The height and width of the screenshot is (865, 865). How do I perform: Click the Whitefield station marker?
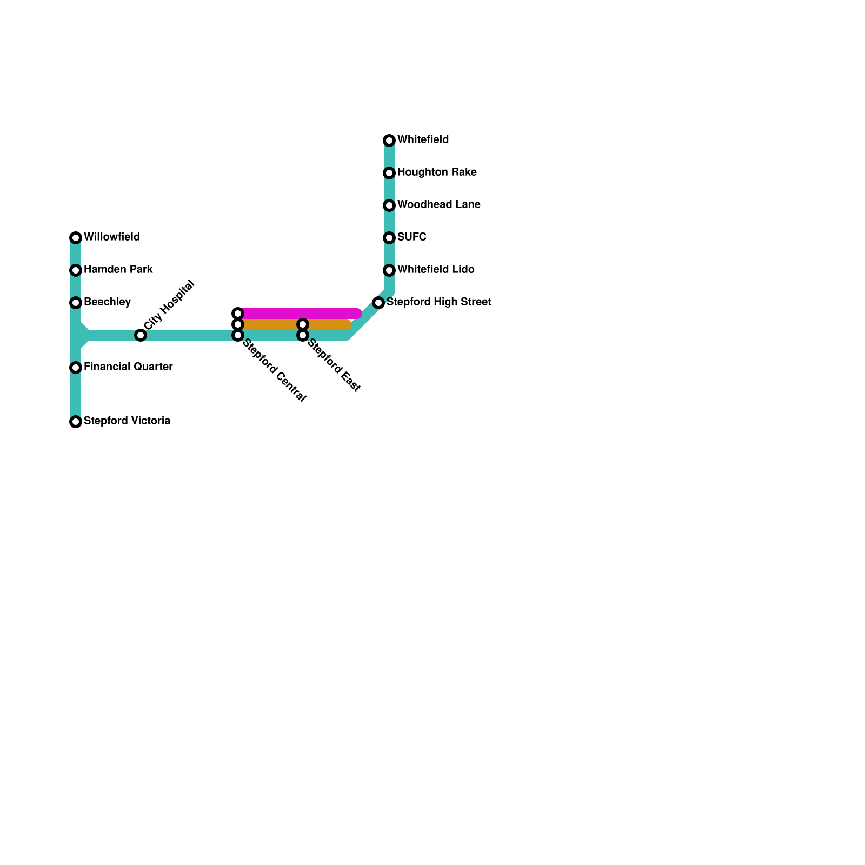389,141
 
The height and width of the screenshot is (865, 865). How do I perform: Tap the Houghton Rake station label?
437,172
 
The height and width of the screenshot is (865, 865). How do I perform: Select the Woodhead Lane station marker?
389,205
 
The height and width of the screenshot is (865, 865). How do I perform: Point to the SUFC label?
412,237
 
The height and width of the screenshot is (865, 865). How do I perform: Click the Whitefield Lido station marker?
389,270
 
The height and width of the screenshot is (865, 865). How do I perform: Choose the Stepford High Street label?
438,302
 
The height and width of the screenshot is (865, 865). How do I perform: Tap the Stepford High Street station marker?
378,303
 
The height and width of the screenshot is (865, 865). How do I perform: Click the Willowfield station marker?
76,238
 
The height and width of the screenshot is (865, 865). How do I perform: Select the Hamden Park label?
118,270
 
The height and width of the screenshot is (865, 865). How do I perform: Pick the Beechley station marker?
76,303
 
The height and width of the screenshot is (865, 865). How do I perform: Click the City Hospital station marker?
141,335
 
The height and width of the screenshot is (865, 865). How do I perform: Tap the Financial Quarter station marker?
76,368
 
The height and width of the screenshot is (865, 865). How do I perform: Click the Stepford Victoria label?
127,421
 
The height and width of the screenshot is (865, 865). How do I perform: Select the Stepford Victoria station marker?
76,422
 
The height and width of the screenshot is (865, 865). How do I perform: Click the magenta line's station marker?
238,314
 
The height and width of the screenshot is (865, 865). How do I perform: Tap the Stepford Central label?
274,371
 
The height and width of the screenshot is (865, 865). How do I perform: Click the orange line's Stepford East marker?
303,324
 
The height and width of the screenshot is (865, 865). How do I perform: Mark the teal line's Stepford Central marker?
238,335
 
